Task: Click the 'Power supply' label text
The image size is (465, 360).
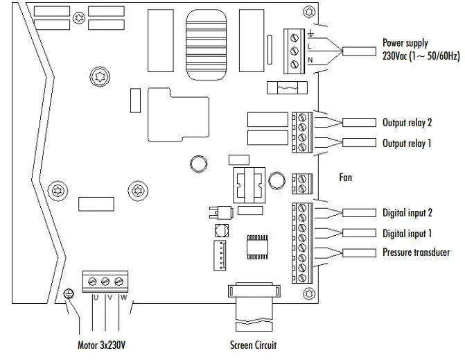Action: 405,43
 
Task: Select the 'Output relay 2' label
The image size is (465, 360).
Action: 407,123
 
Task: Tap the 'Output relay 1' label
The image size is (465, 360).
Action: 407,144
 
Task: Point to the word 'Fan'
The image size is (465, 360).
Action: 345,178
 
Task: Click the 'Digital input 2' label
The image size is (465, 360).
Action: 409,213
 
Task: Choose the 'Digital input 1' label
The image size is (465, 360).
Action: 409,234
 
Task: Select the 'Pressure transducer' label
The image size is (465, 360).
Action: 416,252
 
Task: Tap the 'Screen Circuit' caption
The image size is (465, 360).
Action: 254,344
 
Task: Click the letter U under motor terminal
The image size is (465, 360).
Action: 95,298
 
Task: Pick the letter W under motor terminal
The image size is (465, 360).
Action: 123,298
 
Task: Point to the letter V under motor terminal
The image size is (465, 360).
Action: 109,298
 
